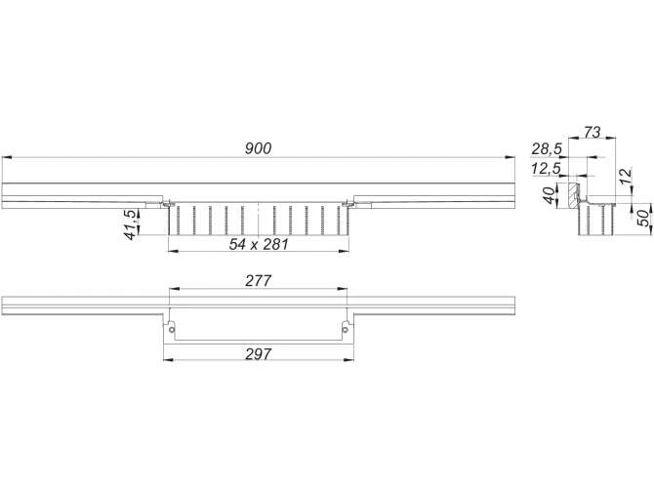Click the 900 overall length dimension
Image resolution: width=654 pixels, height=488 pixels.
(258, 148)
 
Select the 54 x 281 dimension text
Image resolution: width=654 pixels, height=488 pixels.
(259, 244)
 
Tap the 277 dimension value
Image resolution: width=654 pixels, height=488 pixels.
(259, 280)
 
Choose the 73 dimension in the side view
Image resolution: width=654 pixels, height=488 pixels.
(589, 130)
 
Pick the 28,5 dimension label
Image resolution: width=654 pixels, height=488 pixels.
(547, 148)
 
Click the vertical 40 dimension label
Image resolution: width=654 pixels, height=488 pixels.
(549, 193)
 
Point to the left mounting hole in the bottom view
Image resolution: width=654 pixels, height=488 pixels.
(173, 328)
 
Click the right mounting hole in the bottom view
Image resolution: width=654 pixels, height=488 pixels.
(345, 328)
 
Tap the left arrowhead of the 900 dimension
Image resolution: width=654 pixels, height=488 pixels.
(6, 156)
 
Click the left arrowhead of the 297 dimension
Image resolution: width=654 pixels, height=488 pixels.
(166, 359)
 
